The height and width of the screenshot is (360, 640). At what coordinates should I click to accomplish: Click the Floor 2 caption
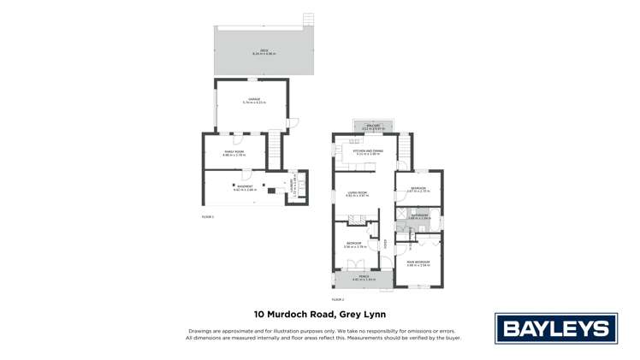337,299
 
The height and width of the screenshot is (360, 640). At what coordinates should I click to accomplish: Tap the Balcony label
373,126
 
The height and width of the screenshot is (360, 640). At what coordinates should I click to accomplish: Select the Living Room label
357,194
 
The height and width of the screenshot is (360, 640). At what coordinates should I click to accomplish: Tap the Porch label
364,276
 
